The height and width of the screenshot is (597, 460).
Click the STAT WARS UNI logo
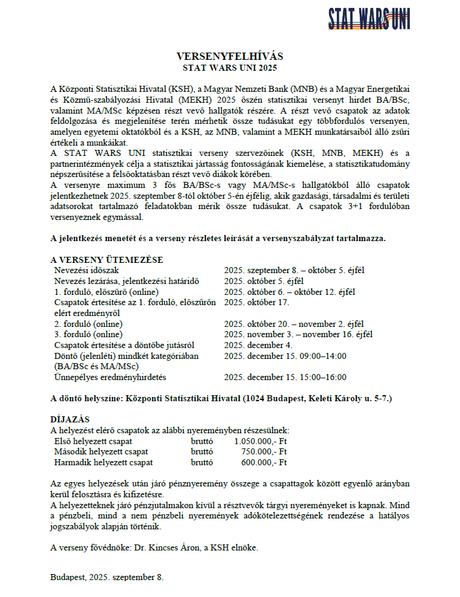pos(369,19)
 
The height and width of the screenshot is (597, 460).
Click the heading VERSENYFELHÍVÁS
pos(229,56)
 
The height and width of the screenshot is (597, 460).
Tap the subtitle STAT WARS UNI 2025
pos(229,68)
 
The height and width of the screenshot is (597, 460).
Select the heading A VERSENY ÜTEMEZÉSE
pos(106,260)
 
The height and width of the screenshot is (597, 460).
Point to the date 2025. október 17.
pos(256,302)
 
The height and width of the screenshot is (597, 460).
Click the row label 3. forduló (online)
pos(88,334)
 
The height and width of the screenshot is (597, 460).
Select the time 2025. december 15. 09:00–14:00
pos(285,356)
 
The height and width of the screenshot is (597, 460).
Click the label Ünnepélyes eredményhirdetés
pos(110,377)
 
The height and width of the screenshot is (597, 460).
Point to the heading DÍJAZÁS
pos(70,419)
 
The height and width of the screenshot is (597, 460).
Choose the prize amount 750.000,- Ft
pos(264,451)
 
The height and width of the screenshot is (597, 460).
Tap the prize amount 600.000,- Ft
pos(264,462)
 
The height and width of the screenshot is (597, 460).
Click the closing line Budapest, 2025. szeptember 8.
pos(107,577)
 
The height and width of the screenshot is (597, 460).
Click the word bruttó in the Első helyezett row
pos(202,441)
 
